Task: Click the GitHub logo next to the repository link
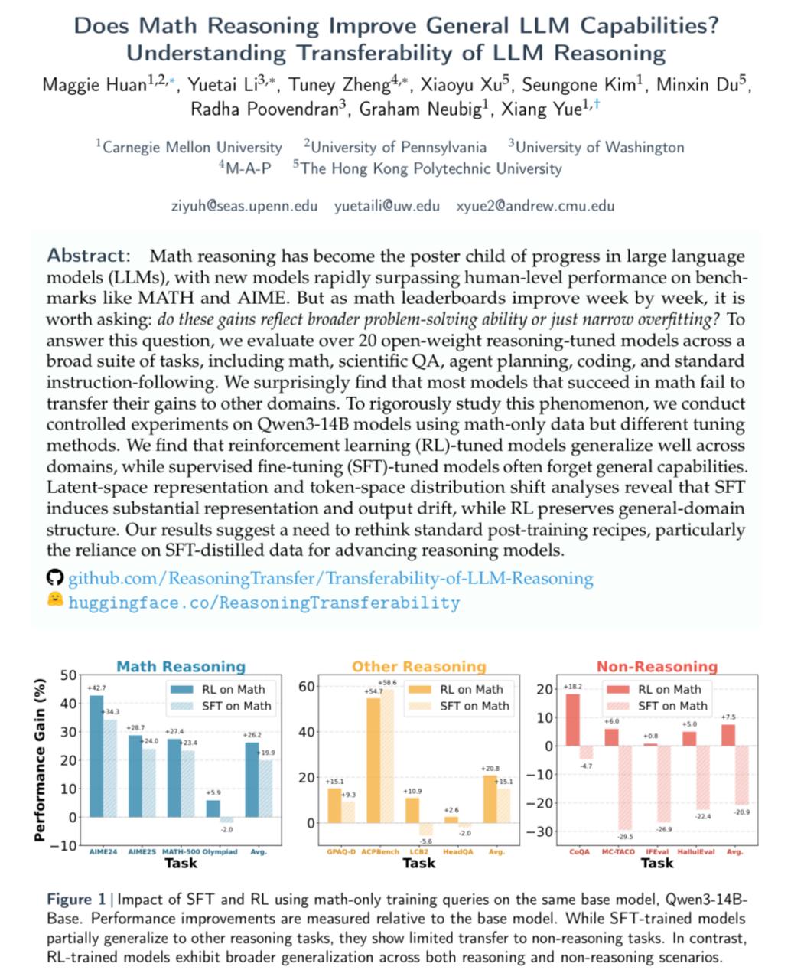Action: (54, 578)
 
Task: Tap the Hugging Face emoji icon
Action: (54, 600)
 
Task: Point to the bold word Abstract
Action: (89, 256)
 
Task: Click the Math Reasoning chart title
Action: (181, 667)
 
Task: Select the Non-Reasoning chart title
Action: (656, 667)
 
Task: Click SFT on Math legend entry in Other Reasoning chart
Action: (474, 706)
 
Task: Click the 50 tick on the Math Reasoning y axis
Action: (68, 675)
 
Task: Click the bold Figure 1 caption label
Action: (76, 899)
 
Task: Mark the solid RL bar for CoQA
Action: (572, 720)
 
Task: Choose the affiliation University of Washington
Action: (597, 147)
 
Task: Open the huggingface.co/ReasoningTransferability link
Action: (264, 603)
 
